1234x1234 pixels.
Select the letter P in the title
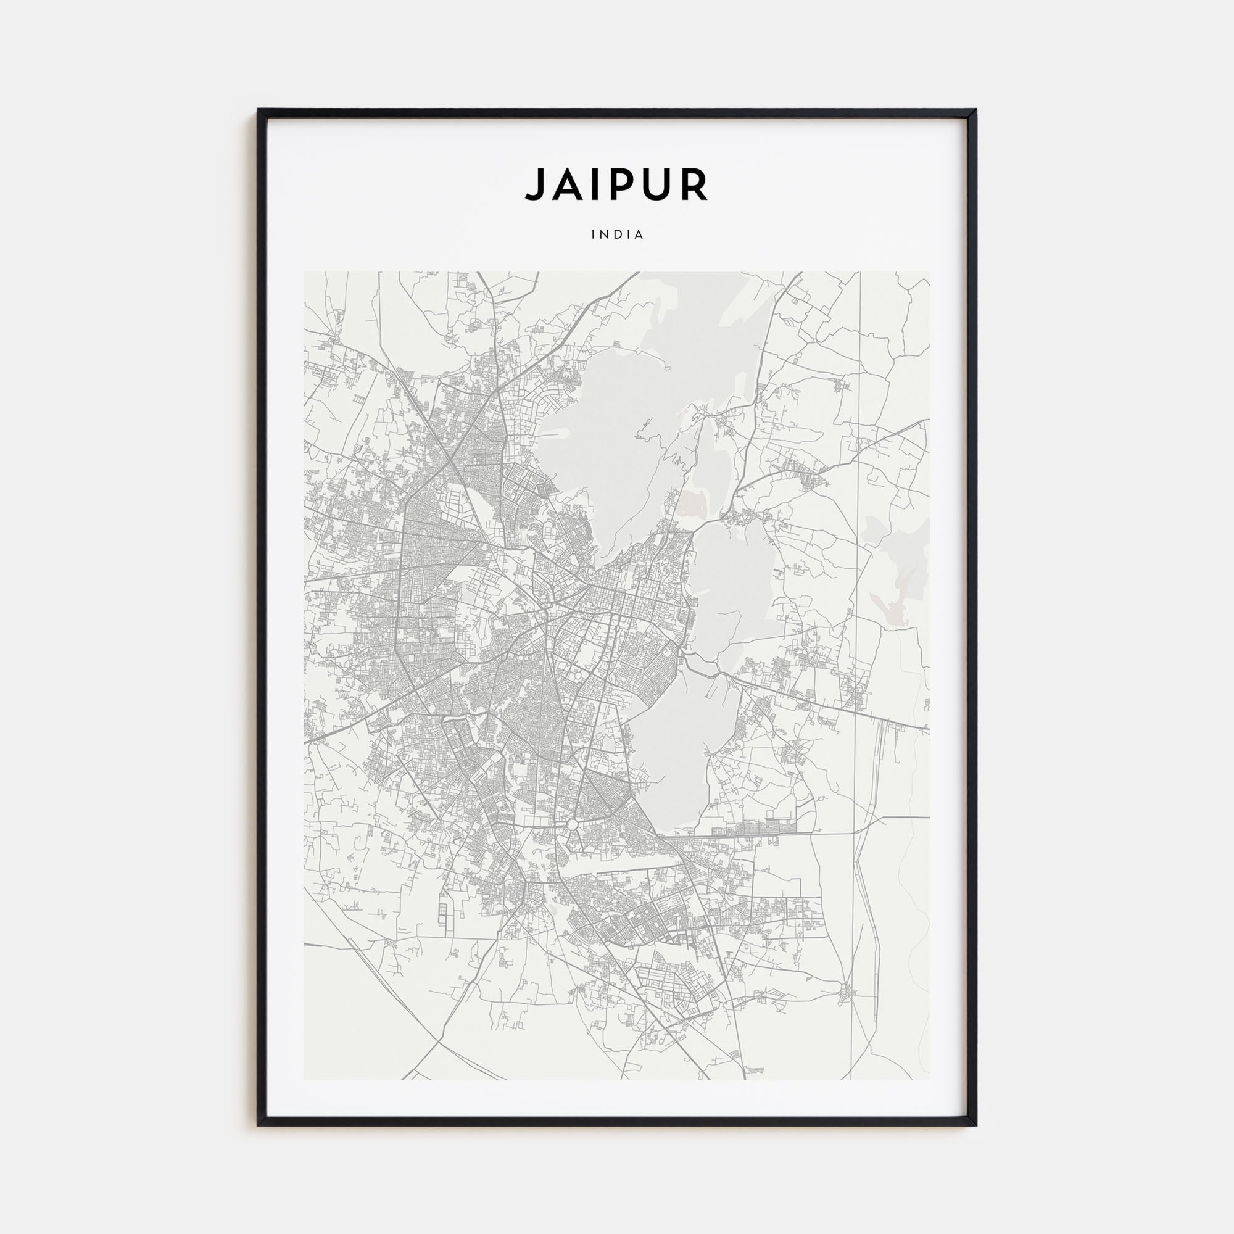click(x=621, y=184)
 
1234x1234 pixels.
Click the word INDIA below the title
click(x=617, y=234)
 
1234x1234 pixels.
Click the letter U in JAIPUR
click(x=657, y=184)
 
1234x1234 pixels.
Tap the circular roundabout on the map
click(x=573, y=824)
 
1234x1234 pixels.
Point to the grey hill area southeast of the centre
click(x=684, y=754)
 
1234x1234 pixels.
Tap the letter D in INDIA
click(x=617, y=234)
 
